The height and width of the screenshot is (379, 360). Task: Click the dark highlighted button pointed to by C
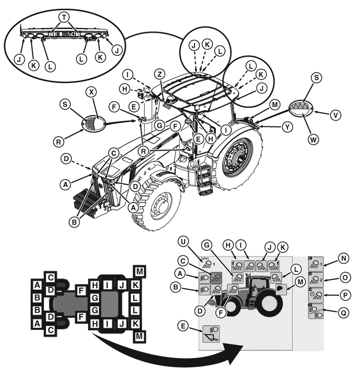point(216,277)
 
